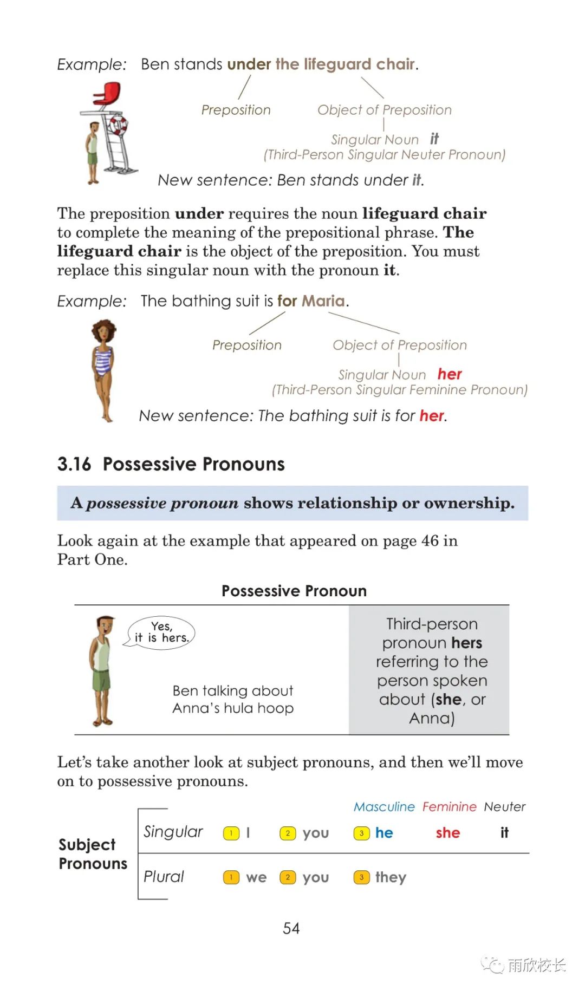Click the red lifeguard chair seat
tap(107, 94)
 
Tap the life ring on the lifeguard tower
tap(117, 126)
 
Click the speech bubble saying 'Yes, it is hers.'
tap(161, 633)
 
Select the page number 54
tap(291, 928)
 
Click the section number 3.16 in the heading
tap(74, 464)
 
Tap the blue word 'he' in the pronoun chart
tap(384, 833)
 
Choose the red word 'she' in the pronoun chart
tap(448, 833)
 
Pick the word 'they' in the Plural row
tap(391, 877)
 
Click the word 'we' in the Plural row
tap(256, 878)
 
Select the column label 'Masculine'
tap(384, 806)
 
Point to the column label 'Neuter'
tap(505, 806)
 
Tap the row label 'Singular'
tap(173, 832)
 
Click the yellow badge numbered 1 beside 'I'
tap(231, 833)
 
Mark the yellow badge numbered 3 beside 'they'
tap(361, 877)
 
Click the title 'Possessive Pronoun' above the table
tap(294, 591)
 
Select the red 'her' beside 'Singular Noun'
tap(450, 374)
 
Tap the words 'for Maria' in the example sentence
tap(311, 301)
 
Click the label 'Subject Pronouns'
tap(93, 854)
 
